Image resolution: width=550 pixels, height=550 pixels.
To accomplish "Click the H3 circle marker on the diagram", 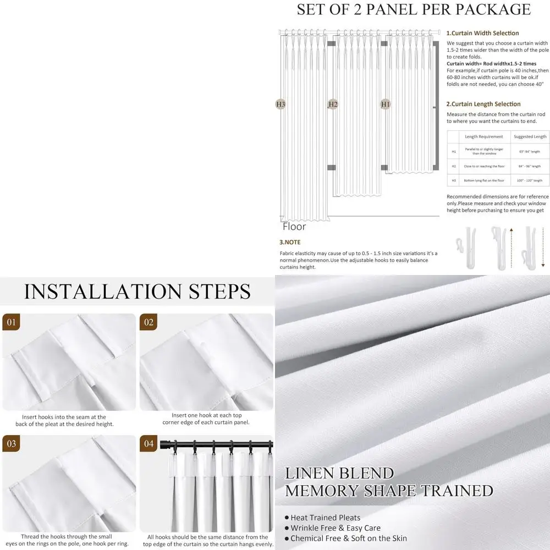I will pos(280,104).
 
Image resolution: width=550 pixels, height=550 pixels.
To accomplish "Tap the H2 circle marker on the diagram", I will pos(333,104).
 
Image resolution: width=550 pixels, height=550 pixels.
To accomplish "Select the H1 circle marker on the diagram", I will pos(386,104).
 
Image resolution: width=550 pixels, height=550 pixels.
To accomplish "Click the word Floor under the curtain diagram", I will pos(294,226).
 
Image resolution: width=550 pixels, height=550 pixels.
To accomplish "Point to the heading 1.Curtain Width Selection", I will pos(482,33).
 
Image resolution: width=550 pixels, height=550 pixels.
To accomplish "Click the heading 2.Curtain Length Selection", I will pos(483,104).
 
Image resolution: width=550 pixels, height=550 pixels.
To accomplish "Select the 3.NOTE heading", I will pos(290,242).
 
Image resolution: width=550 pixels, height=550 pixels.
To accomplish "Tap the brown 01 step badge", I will pos(10,322).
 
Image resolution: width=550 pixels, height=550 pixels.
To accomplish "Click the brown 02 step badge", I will pos(148,322).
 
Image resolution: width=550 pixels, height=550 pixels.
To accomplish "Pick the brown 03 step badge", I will pos(10,444).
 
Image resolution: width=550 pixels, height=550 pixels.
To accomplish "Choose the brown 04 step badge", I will pos(148,444).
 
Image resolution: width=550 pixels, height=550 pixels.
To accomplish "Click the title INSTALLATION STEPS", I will pos(137,291).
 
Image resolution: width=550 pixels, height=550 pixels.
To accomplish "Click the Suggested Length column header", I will pos(530,136).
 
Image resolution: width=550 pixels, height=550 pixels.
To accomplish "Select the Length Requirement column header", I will pos(483,136).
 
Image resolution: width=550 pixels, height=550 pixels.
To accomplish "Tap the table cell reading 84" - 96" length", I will pos(530,166).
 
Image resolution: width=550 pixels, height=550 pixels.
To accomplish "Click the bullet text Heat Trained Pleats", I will pos(325,518).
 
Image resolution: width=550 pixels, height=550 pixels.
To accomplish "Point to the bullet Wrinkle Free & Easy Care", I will pos(335,528).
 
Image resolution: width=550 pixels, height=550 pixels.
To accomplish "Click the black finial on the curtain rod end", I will pos(163,443).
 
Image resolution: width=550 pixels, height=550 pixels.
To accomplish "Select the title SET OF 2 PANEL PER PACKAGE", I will pos(414,9).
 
